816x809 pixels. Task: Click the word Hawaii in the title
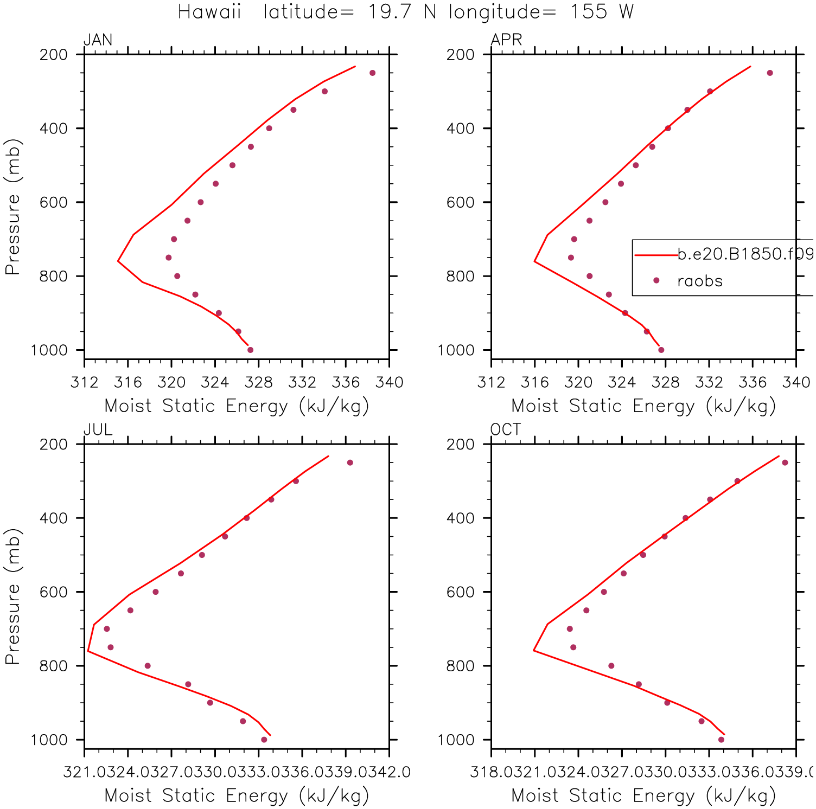(x=209, y=11)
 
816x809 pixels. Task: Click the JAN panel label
(x=98, y=40)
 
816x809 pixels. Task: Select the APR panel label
(x=506, y=40)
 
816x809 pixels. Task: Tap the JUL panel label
(x=98, y=429)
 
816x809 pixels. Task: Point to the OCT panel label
(x=505, y=429)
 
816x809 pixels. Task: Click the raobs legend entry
(x=700, y=281)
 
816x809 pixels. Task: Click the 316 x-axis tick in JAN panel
(x=128, y=382)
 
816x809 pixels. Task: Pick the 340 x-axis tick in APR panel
(x=796, y=382)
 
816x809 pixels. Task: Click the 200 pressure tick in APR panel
(x=461, y=55)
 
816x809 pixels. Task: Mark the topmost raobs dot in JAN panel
(x=372, y=73)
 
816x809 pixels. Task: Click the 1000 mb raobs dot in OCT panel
(x=721, y=740)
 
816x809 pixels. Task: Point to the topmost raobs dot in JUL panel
(x=350, y=463)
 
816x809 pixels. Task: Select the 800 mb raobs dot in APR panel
(x=590, y=276)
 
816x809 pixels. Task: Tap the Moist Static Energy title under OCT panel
(x=643, y=795)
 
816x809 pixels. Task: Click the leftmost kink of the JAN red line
(x=118, y=261)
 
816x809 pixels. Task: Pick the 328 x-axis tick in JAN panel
(x=259, y=382)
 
